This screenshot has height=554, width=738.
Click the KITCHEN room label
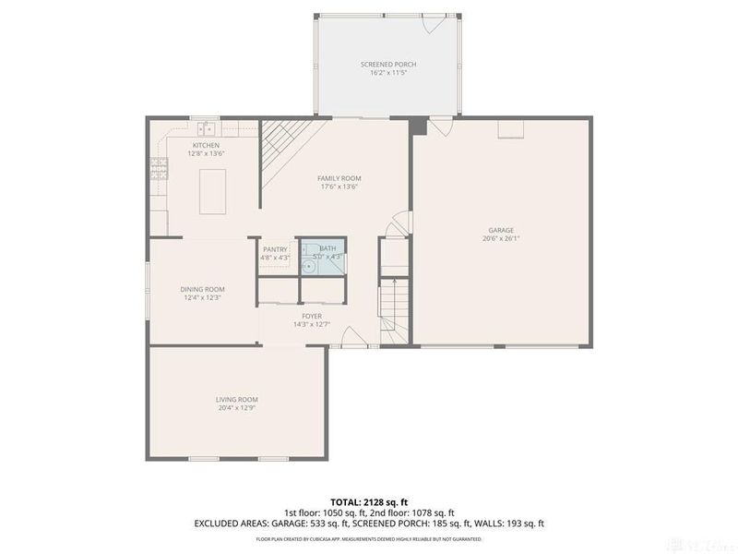pos(206,146)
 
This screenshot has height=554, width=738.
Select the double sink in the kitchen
pos(204,128)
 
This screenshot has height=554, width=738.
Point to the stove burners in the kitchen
pos(159,168)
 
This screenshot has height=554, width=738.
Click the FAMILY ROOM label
pos(339,178)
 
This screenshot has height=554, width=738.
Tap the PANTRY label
pos(276,249)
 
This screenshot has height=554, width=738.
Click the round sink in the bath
pos(312,267)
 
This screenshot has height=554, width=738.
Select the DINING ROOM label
pos(202,289)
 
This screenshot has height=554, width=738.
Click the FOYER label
pos(311,316)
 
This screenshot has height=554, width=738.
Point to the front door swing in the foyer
pos(350,339)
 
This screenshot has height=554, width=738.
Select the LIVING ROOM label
pos(236,399)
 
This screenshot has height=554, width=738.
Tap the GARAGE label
pos(501,230)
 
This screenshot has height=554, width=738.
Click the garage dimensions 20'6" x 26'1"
pos(501,238)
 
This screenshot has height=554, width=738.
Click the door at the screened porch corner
pos(431,24)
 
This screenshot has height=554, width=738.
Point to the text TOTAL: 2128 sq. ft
pos(369,501)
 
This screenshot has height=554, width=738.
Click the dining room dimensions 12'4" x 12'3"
pos(202,297)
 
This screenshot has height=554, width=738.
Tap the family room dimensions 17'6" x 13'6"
pos(339,187)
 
